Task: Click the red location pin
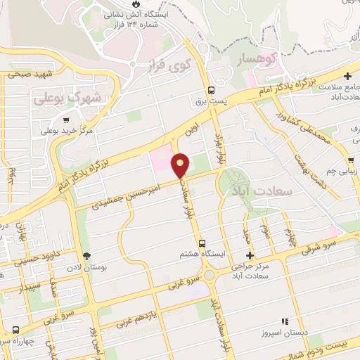(181, 165)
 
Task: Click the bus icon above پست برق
(211, 91)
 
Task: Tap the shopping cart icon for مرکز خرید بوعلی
(67, 120)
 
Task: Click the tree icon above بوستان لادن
(87, 256)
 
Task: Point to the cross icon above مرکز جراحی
(249, 255)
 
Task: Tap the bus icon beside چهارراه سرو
(15, 329)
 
